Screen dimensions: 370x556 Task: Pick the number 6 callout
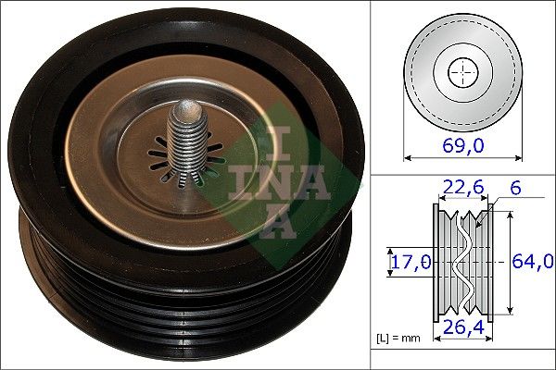pyautogui.click(x=516, y=188)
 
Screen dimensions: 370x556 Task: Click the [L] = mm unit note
pyautogui.click(x=398, y=338)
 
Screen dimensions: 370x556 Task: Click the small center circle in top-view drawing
pyautogui.click(x=461, y=71)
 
